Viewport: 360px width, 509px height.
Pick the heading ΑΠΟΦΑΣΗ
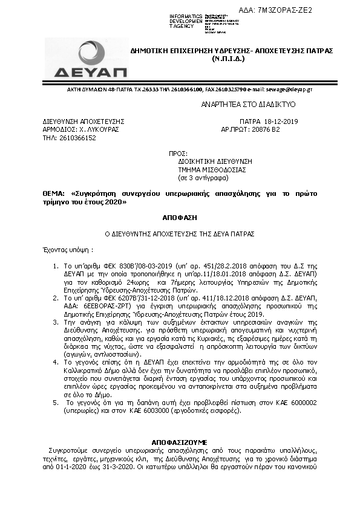180,216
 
